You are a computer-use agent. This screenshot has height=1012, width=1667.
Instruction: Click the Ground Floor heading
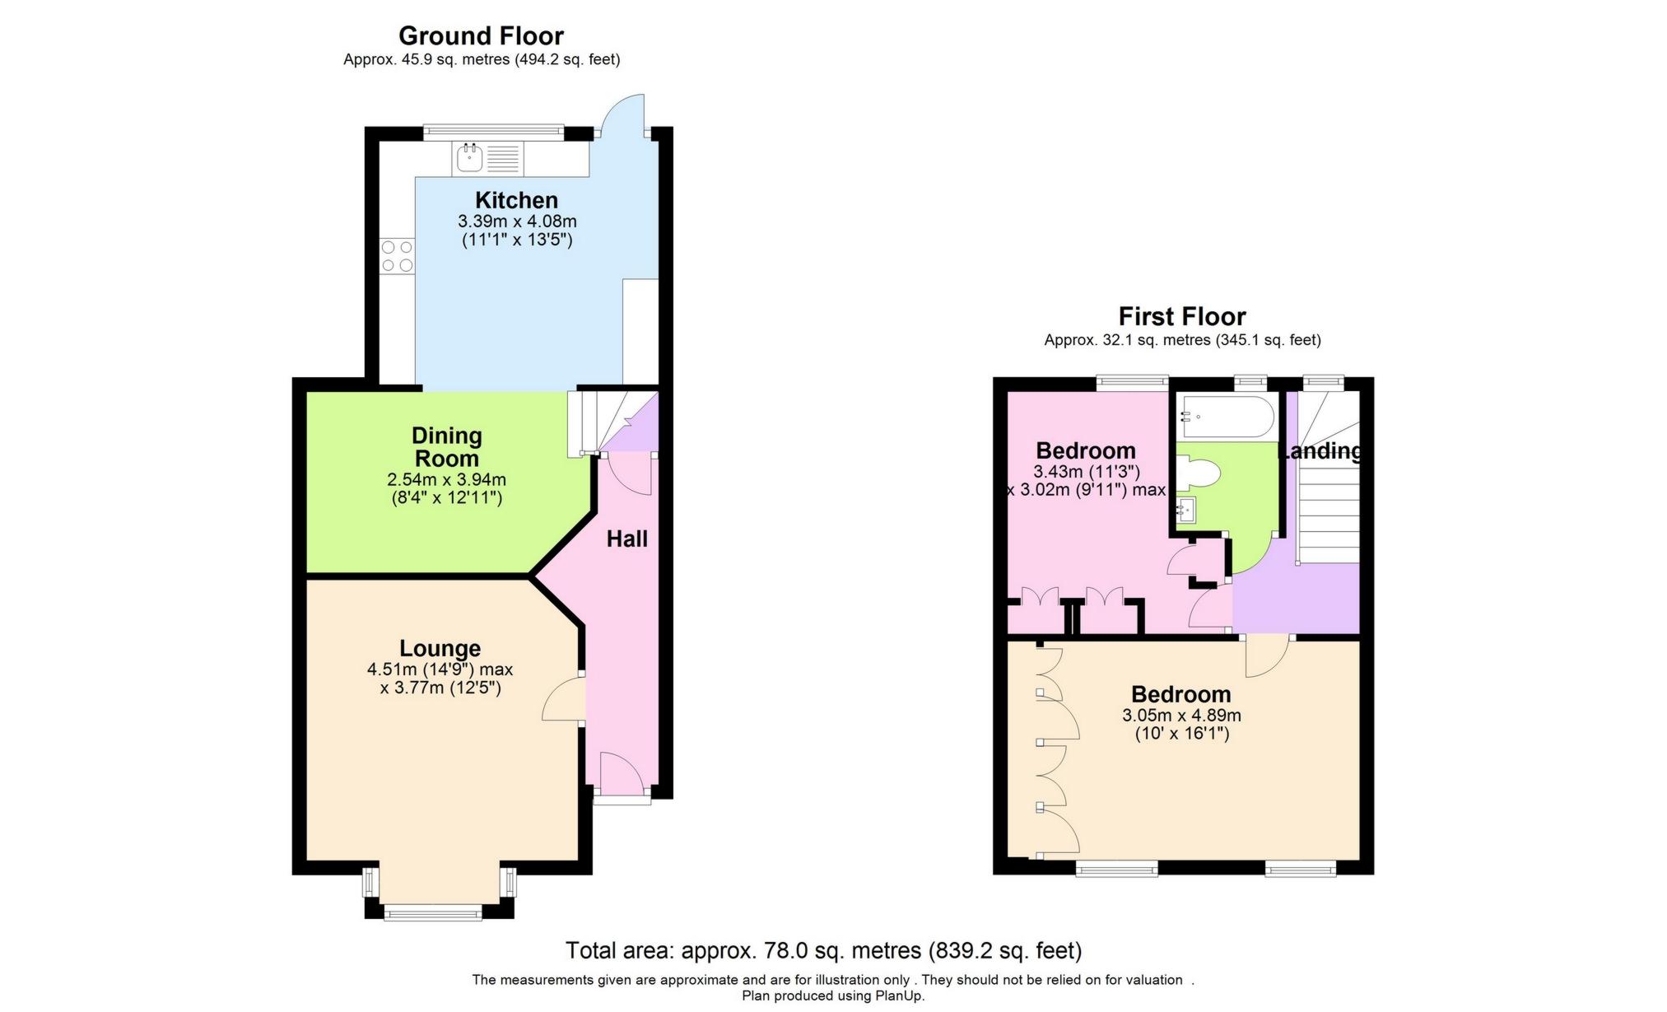click(x=481, y=36)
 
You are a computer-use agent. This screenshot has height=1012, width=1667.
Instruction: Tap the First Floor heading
click(x=1181, y=316)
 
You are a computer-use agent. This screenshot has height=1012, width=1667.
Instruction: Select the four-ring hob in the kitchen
click(x=397, y=256)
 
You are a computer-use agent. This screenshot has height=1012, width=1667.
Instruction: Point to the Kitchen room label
click(x=516, y=200)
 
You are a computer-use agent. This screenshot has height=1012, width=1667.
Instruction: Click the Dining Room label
click(x=446, y=447)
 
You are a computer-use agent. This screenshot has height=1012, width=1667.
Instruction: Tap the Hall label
click(x=627, y=539)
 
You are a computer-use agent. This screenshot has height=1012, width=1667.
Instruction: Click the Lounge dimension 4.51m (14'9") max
click(x=440, y=669)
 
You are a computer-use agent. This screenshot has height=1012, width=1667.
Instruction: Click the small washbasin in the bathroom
click(x=1186, y=511)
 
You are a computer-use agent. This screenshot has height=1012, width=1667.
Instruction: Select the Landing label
click(x=1319, y=451)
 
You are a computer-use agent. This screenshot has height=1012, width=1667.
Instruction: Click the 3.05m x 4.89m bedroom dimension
click(x=1181, y=716)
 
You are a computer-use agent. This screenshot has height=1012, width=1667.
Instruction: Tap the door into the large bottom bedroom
click(x=1267, y=655)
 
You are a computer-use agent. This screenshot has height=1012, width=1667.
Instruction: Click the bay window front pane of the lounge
click(x=432, y=912)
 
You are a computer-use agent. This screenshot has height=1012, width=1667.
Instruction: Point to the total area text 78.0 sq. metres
click(x=823, y=951)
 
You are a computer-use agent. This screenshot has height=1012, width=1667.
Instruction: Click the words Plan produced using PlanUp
click(x=833, y=996)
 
